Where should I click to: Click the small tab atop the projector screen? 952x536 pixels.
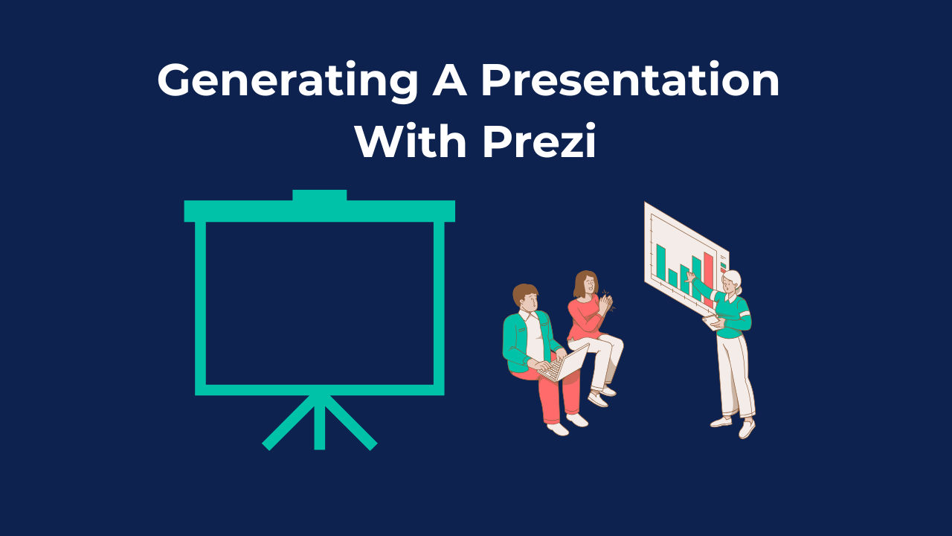(319, 195)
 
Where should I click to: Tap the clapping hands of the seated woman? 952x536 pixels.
(606, 304)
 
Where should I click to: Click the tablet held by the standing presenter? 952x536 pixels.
(712, 321)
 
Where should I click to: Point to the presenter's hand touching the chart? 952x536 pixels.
(691, 276)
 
